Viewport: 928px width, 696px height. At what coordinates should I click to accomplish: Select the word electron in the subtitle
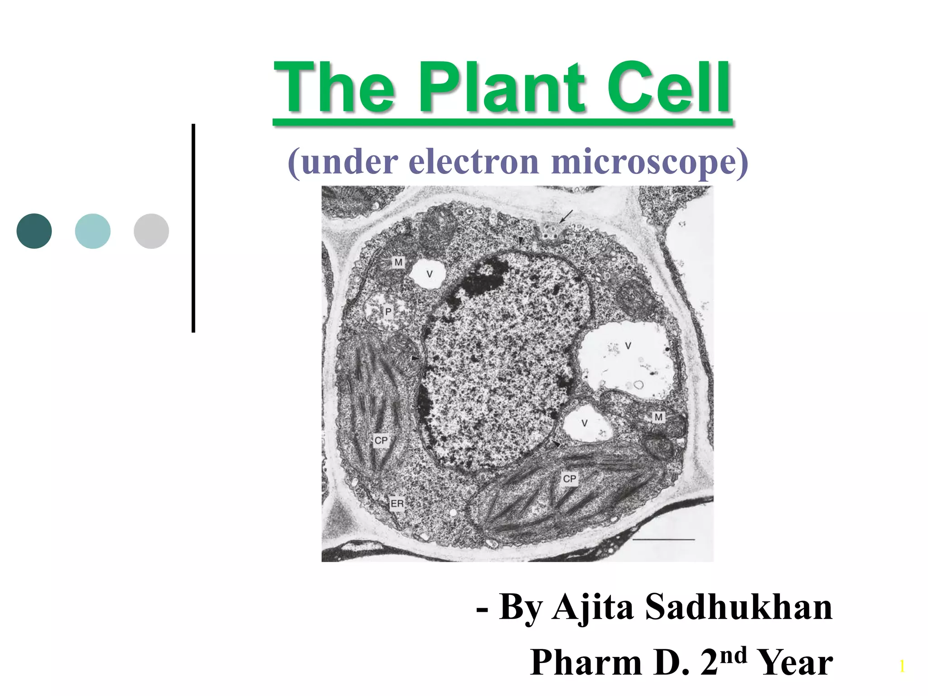[x=474, y=162]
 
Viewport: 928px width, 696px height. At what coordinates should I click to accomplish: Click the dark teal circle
[x=34, y=231]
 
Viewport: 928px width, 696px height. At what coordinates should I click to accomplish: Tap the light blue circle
[x=93, y=231]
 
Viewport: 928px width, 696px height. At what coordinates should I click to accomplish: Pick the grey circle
[x=151, y=231]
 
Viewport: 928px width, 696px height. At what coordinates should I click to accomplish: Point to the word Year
[x=795, y=662]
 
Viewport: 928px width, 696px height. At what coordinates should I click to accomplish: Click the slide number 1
[x=902, y=667]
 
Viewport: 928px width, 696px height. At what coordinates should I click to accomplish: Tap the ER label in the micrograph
[x=397, y=503]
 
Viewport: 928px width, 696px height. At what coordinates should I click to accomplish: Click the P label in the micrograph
[x=388, y=312]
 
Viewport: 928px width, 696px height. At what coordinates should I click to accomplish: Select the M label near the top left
[x=398, y=262]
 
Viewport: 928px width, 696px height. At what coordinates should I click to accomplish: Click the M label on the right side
[x=658, y=417]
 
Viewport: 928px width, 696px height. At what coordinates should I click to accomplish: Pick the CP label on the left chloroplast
[x=381, y=440]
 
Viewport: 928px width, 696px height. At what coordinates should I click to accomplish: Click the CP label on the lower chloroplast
[x=570, y=478]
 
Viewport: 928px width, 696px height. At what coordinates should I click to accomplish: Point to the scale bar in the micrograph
[x=663, y=539]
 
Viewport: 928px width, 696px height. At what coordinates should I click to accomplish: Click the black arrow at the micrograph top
[x=566, y=216]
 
